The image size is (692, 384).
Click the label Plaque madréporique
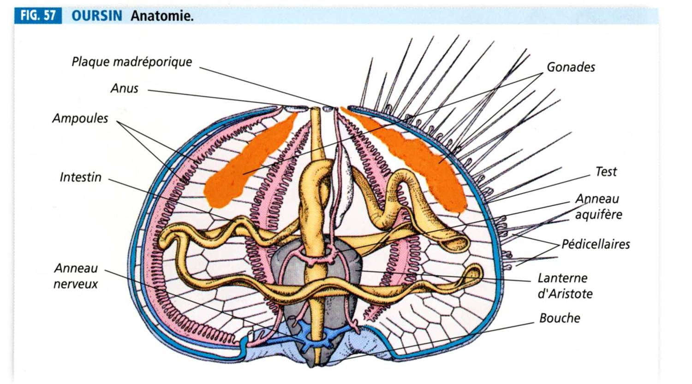point(131,62)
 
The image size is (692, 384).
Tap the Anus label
point(124,89)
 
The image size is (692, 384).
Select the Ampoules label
point(80,118)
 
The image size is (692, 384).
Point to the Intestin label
point(80,177)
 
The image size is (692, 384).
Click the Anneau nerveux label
point(76,276)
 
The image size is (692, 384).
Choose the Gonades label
point(571,67)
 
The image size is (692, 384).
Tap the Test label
point(606,172)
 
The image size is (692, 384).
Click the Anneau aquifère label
point(598,207)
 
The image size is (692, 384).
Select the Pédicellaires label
point(595,244)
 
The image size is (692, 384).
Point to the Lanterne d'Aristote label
point(564,286)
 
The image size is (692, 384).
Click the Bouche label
point(560,318)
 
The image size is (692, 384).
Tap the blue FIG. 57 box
point(38,16)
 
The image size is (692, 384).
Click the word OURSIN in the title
point(97,16)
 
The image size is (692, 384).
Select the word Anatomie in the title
point(161,16)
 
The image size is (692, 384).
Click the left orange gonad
point(245,166)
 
